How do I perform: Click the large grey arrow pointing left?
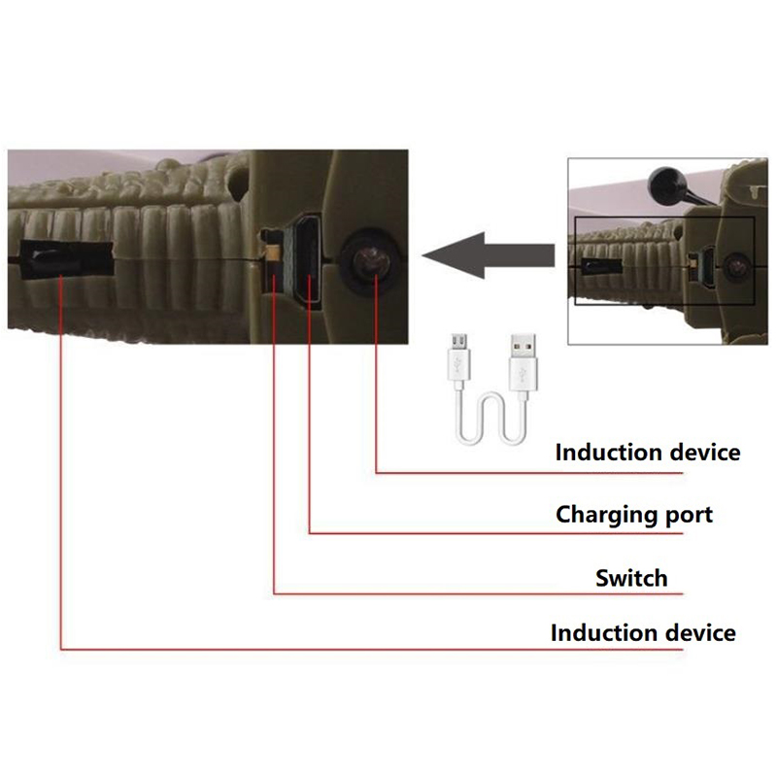(x=489, y=255)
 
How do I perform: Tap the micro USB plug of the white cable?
(x=458, y=358)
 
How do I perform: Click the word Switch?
(x=631, y=578)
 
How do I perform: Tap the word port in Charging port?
(x=689, y=516)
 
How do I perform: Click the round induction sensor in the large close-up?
(x=369, y=261)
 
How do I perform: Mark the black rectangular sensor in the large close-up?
(x=67, y=258)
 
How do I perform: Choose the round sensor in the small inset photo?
(x=736, y=266)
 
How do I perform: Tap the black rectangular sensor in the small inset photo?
(x=600, y=266)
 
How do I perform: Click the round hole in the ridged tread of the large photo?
(x=238, y=183)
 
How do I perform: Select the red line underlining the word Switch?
(x=478, y=593)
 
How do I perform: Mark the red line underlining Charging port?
(x=496, y=533)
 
